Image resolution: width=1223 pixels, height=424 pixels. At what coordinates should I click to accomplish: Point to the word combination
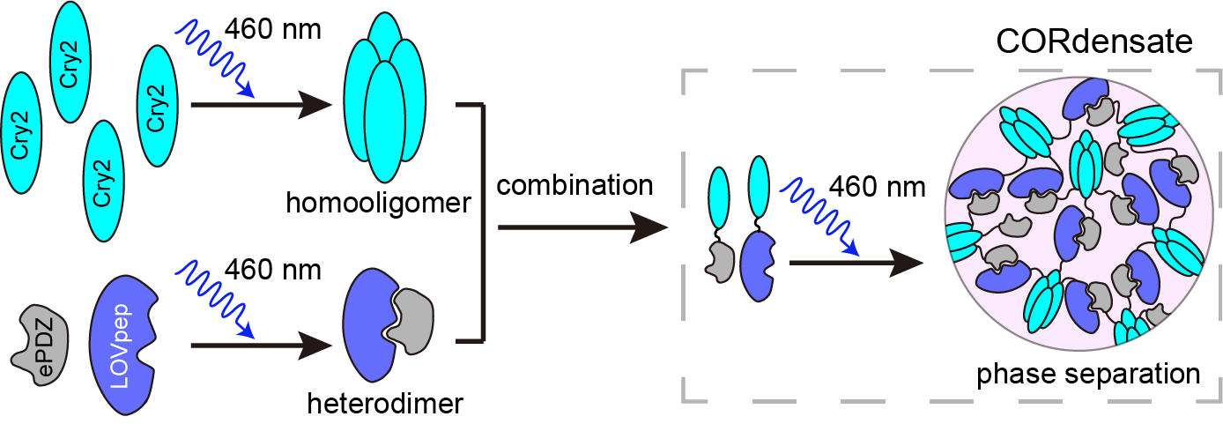(x=574, y=186)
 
